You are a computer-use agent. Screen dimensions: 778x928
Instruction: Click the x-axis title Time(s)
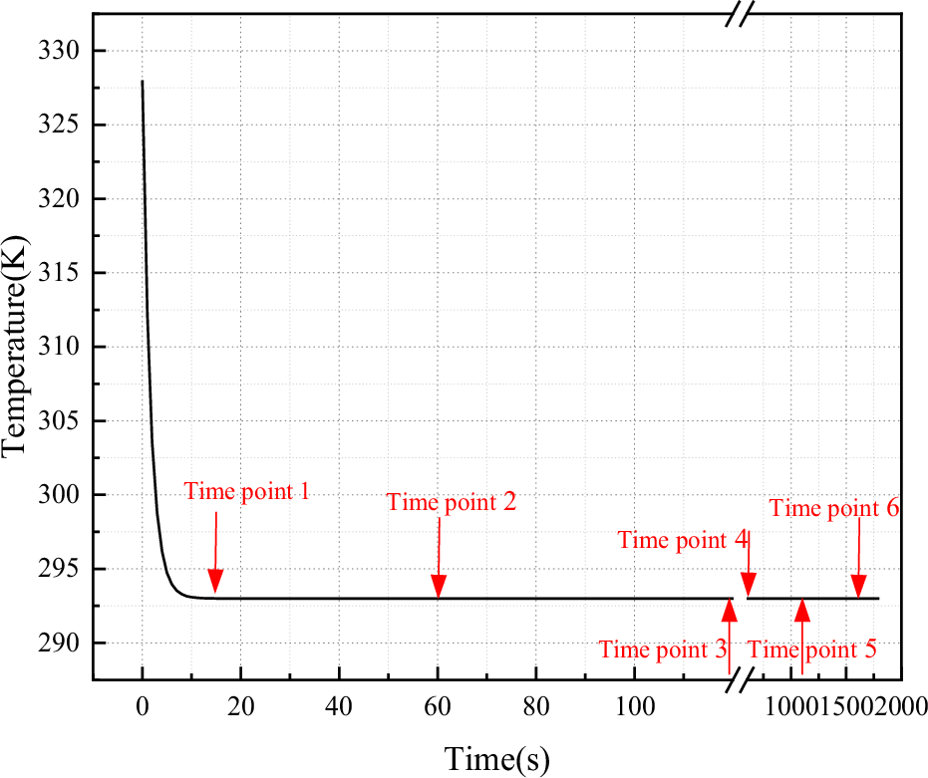496,758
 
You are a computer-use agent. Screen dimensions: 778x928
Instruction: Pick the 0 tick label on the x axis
143,705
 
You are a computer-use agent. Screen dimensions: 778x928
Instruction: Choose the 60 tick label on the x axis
438,705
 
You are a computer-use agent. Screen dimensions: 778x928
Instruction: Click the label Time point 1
247,491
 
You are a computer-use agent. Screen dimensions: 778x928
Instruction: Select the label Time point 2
452,502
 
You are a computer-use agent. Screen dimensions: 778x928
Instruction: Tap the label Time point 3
663,650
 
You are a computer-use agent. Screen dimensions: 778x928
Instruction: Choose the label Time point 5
812,650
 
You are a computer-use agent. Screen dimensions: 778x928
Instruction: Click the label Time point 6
834,508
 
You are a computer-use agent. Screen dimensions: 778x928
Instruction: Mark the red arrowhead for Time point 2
438,588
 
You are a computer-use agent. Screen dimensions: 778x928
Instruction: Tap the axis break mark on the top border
741,15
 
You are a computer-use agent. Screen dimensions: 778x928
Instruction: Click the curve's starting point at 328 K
143,82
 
